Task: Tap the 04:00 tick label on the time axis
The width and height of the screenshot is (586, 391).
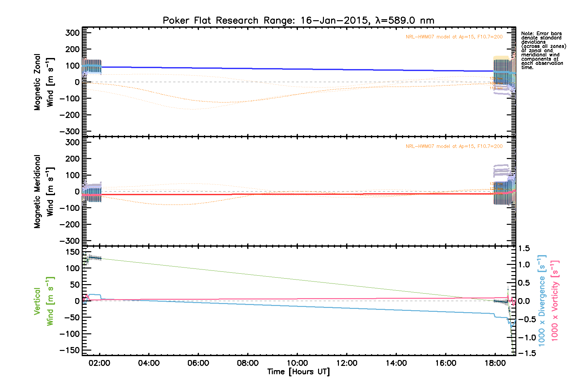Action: [149, 363]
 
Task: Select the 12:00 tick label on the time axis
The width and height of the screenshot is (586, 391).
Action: [347, 363]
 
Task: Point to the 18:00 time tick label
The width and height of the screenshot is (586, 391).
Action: [495, 363]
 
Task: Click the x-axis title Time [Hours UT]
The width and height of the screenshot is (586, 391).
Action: [298, 372]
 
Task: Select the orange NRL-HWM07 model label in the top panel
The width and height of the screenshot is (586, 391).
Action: [454, 37]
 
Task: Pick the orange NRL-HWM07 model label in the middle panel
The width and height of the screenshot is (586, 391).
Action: [454, 146]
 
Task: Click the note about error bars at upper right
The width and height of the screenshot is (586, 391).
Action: [543, 51]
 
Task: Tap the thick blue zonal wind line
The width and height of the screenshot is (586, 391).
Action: [293, 69]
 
